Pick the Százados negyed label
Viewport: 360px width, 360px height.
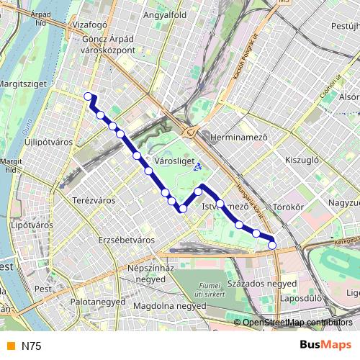click(252, 283)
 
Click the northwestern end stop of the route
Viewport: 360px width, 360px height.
click(88, 96)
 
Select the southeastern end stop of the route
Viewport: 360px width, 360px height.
click(272, 246)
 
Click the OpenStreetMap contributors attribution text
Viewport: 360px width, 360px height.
click(297, 323)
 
